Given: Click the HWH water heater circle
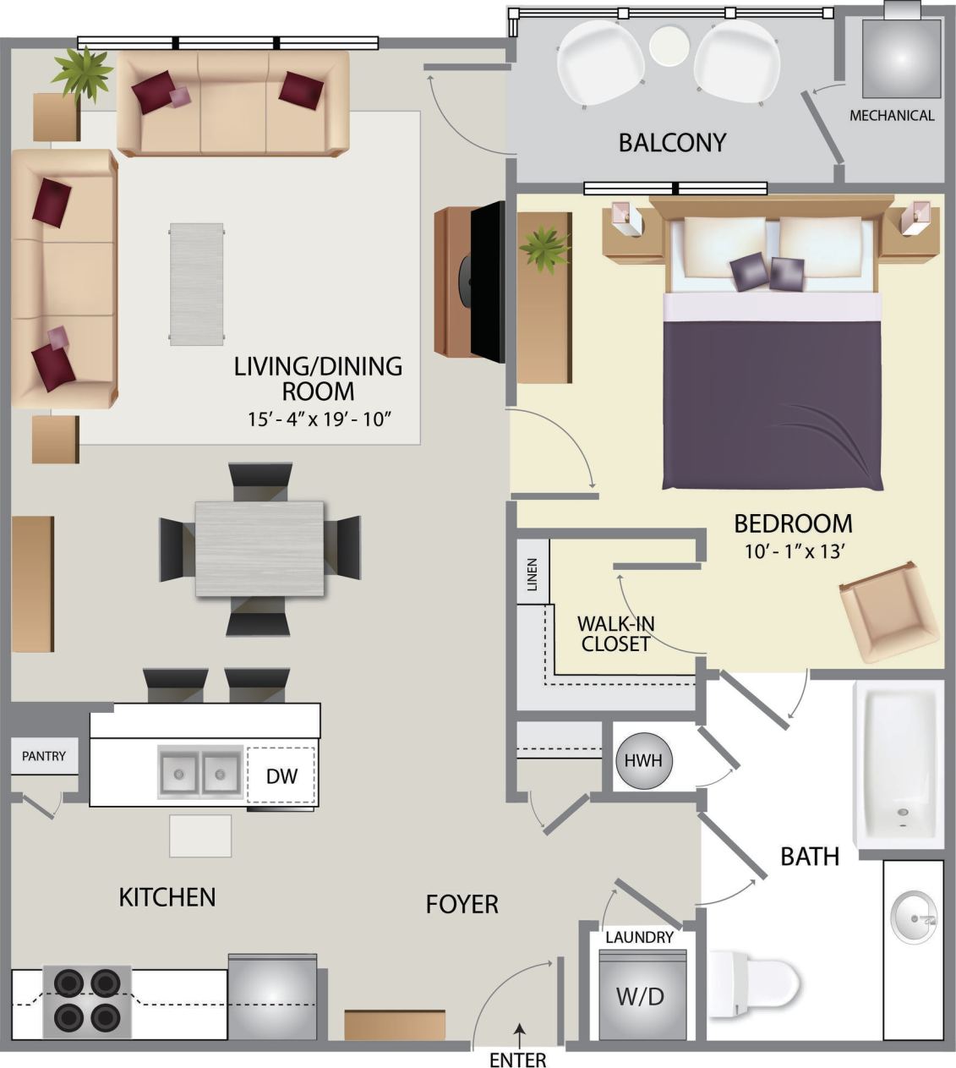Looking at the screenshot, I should (643, 760).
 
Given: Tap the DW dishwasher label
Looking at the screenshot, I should (281, 775).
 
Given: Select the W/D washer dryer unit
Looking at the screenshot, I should (640, 995).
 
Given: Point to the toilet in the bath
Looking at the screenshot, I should (752, 984).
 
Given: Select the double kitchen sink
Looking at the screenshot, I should (201, 773).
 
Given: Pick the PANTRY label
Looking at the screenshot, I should (44, 756).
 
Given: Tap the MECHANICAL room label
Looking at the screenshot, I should (892, 116).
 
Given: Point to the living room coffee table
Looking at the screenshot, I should (196, 284).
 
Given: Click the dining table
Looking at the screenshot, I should (259, 549).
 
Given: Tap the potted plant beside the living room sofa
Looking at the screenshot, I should (82, 73).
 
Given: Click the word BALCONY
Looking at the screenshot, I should (672, 142).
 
